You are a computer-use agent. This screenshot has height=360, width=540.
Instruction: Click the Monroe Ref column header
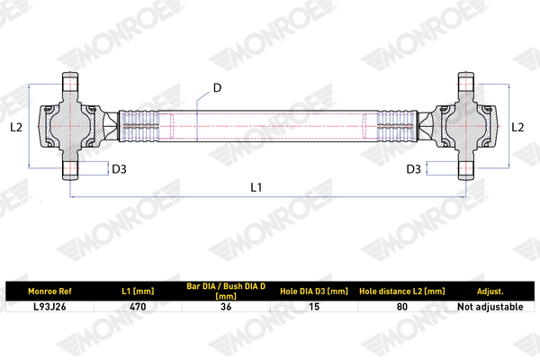[x=49, y=291]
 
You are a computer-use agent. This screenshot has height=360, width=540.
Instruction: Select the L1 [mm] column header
[x=138, y=291]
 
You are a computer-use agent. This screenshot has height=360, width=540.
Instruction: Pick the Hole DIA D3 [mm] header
[x=314, y=291]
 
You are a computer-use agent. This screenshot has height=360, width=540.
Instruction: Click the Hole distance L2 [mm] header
[x=402, y=291]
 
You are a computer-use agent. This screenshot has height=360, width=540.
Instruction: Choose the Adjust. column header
[x=490, y=292]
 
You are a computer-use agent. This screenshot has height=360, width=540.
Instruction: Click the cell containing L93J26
[x=49, y=307]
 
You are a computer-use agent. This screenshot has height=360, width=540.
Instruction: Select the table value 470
[x=138, y=307]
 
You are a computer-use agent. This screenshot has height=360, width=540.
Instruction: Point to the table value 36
[x=226, y=307]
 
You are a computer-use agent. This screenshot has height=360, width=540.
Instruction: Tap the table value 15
[x=314, y=307]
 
